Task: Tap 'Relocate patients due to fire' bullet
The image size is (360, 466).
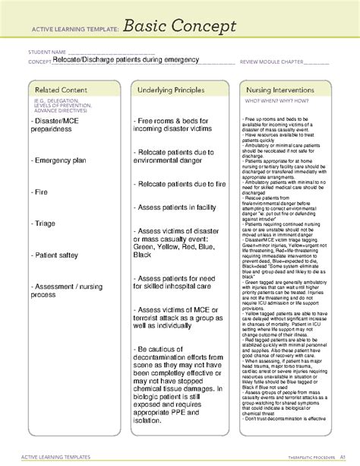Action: [180, 185]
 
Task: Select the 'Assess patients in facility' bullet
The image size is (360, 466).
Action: [178, 206]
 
